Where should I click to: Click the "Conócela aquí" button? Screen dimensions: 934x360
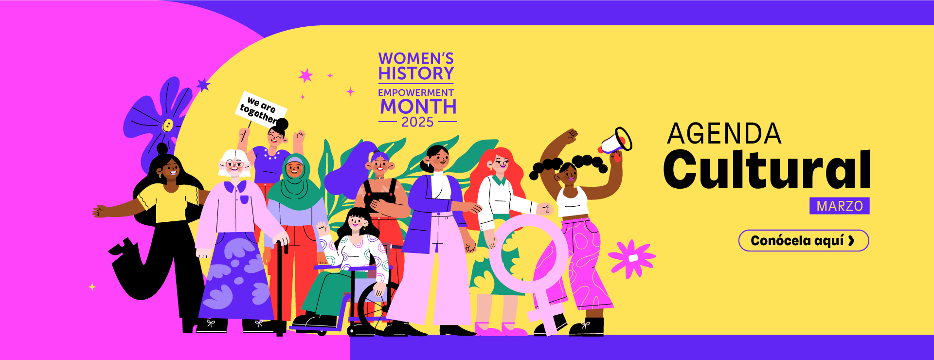804,241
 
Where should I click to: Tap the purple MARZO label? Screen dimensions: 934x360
840,206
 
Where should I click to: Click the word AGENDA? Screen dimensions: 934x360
724,133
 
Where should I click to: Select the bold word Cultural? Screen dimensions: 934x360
767,169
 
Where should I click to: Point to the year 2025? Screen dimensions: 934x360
417,122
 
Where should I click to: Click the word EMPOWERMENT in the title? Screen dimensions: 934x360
416,92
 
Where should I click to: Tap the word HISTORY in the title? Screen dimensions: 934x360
416,73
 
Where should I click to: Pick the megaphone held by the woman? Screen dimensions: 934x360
616,142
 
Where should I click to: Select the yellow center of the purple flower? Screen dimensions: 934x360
167,126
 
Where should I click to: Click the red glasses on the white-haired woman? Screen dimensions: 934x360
234,164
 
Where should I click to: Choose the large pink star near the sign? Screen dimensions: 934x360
306,75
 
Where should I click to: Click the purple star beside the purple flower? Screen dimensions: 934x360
203,85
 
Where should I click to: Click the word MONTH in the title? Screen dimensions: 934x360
418,107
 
